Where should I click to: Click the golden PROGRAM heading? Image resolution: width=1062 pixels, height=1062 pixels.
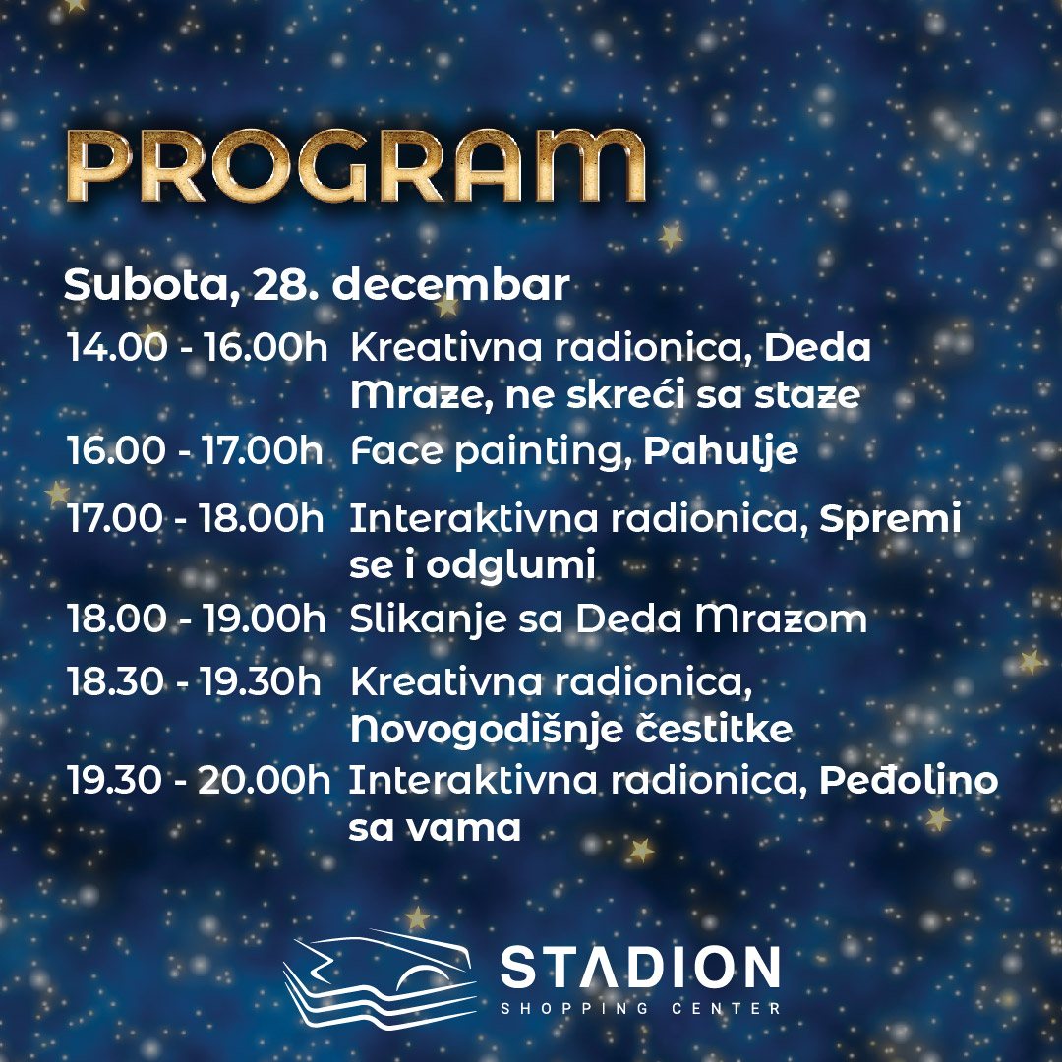356,166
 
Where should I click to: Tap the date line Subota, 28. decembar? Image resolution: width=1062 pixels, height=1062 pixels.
317,285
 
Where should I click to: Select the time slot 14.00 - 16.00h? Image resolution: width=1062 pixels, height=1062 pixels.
197,347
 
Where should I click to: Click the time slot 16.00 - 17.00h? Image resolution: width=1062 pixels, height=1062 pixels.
195,450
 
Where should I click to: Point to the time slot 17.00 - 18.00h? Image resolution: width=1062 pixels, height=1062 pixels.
195,518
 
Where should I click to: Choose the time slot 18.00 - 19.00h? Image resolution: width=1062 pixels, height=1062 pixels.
196,619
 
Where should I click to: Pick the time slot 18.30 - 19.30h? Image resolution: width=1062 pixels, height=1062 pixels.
194,680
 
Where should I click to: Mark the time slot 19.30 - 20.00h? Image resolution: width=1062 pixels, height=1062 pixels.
199,780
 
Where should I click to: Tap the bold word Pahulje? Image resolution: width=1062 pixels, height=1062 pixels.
721,451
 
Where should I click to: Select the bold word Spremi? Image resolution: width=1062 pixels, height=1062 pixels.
890,519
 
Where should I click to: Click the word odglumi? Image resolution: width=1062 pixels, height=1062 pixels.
510,565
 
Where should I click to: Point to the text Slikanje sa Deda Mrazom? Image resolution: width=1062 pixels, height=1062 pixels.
609,619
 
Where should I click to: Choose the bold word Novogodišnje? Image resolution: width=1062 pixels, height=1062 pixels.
487,730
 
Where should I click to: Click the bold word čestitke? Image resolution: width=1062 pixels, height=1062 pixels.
714,728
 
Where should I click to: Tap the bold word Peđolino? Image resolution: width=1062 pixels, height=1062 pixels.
909,780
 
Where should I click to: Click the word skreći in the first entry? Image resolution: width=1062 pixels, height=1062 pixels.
625,394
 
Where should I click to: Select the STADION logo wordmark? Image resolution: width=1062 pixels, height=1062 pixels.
640,968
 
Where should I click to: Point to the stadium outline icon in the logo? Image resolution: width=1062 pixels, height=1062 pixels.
380,979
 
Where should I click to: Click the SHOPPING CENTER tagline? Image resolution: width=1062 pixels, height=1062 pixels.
641,1009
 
